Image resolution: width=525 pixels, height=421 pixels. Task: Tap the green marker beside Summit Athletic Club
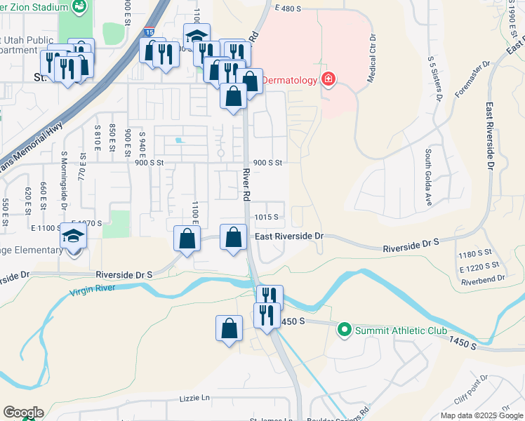tap(344, 329)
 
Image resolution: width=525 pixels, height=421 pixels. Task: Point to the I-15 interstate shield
tap(149, 31)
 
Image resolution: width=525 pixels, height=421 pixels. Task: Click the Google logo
tap(22, 413)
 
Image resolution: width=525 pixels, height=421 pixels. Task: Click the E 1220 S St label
tap(479, 267)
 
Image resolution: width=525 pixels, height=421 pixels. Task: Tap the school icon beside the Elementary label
tap(74, 237)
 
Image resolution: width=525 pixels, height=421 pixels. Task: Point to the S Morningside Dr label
tap(64, 175)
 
